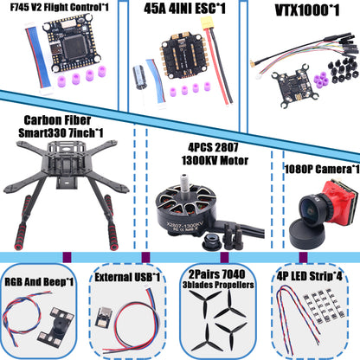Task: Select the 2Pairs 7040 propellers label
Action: tap(222, 282)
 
